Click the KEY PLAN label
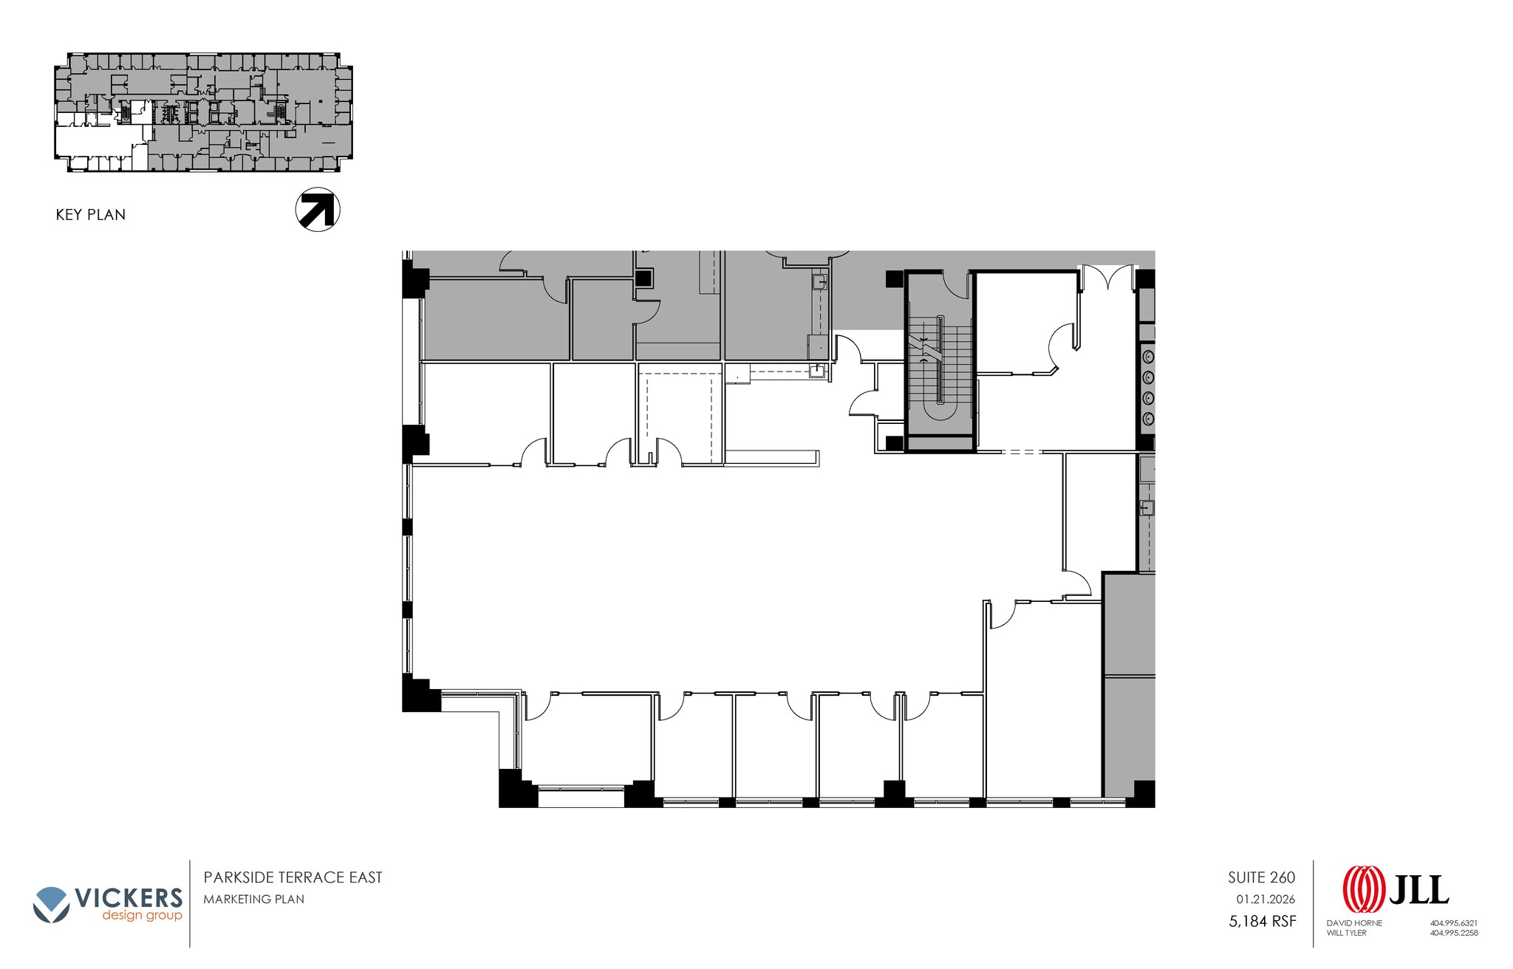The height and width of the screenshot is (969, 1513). click(x=90, y=215)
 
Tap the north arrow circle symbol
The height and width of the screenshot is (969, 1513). click(x=318, y=209)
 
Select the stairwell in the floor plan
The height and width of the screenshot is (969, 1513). click(x=940, y=362)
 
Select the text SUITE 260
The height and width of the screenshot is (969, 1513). click(x=1261, y=877)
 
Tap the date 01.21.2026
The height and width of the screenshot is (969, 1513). click(x=1266, y=900)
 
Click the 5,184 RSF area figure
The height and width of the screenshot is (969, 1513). click(x=1262, y=921)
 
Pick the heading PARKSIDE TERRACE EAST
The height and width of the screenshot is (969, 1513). click(x=293, y=877)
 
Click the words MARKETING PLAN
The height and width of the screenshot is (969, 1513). click(x=253, y=899)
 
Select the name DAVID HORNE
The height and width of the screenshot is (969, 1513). click(x=1354, y=923)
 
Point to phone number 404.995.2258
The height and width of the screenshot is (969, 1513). click(x=1453, y=933)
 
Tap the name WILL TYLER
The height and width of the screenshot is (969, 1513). click(x=1347, y=933)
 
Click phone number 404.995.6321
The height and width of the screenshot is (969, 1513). click(x=1453, y=923)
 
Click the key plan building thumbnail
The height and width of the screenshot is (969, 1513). click(x=203, y=112)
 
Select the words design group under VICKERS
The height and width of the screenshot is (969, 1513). click(x=142, y=916)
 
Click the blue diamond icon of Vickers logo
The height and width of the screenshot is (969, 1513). click(x=52, y=903)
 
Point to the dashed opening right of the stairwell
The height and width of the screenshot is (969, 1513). click(x=1021, y=451)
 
